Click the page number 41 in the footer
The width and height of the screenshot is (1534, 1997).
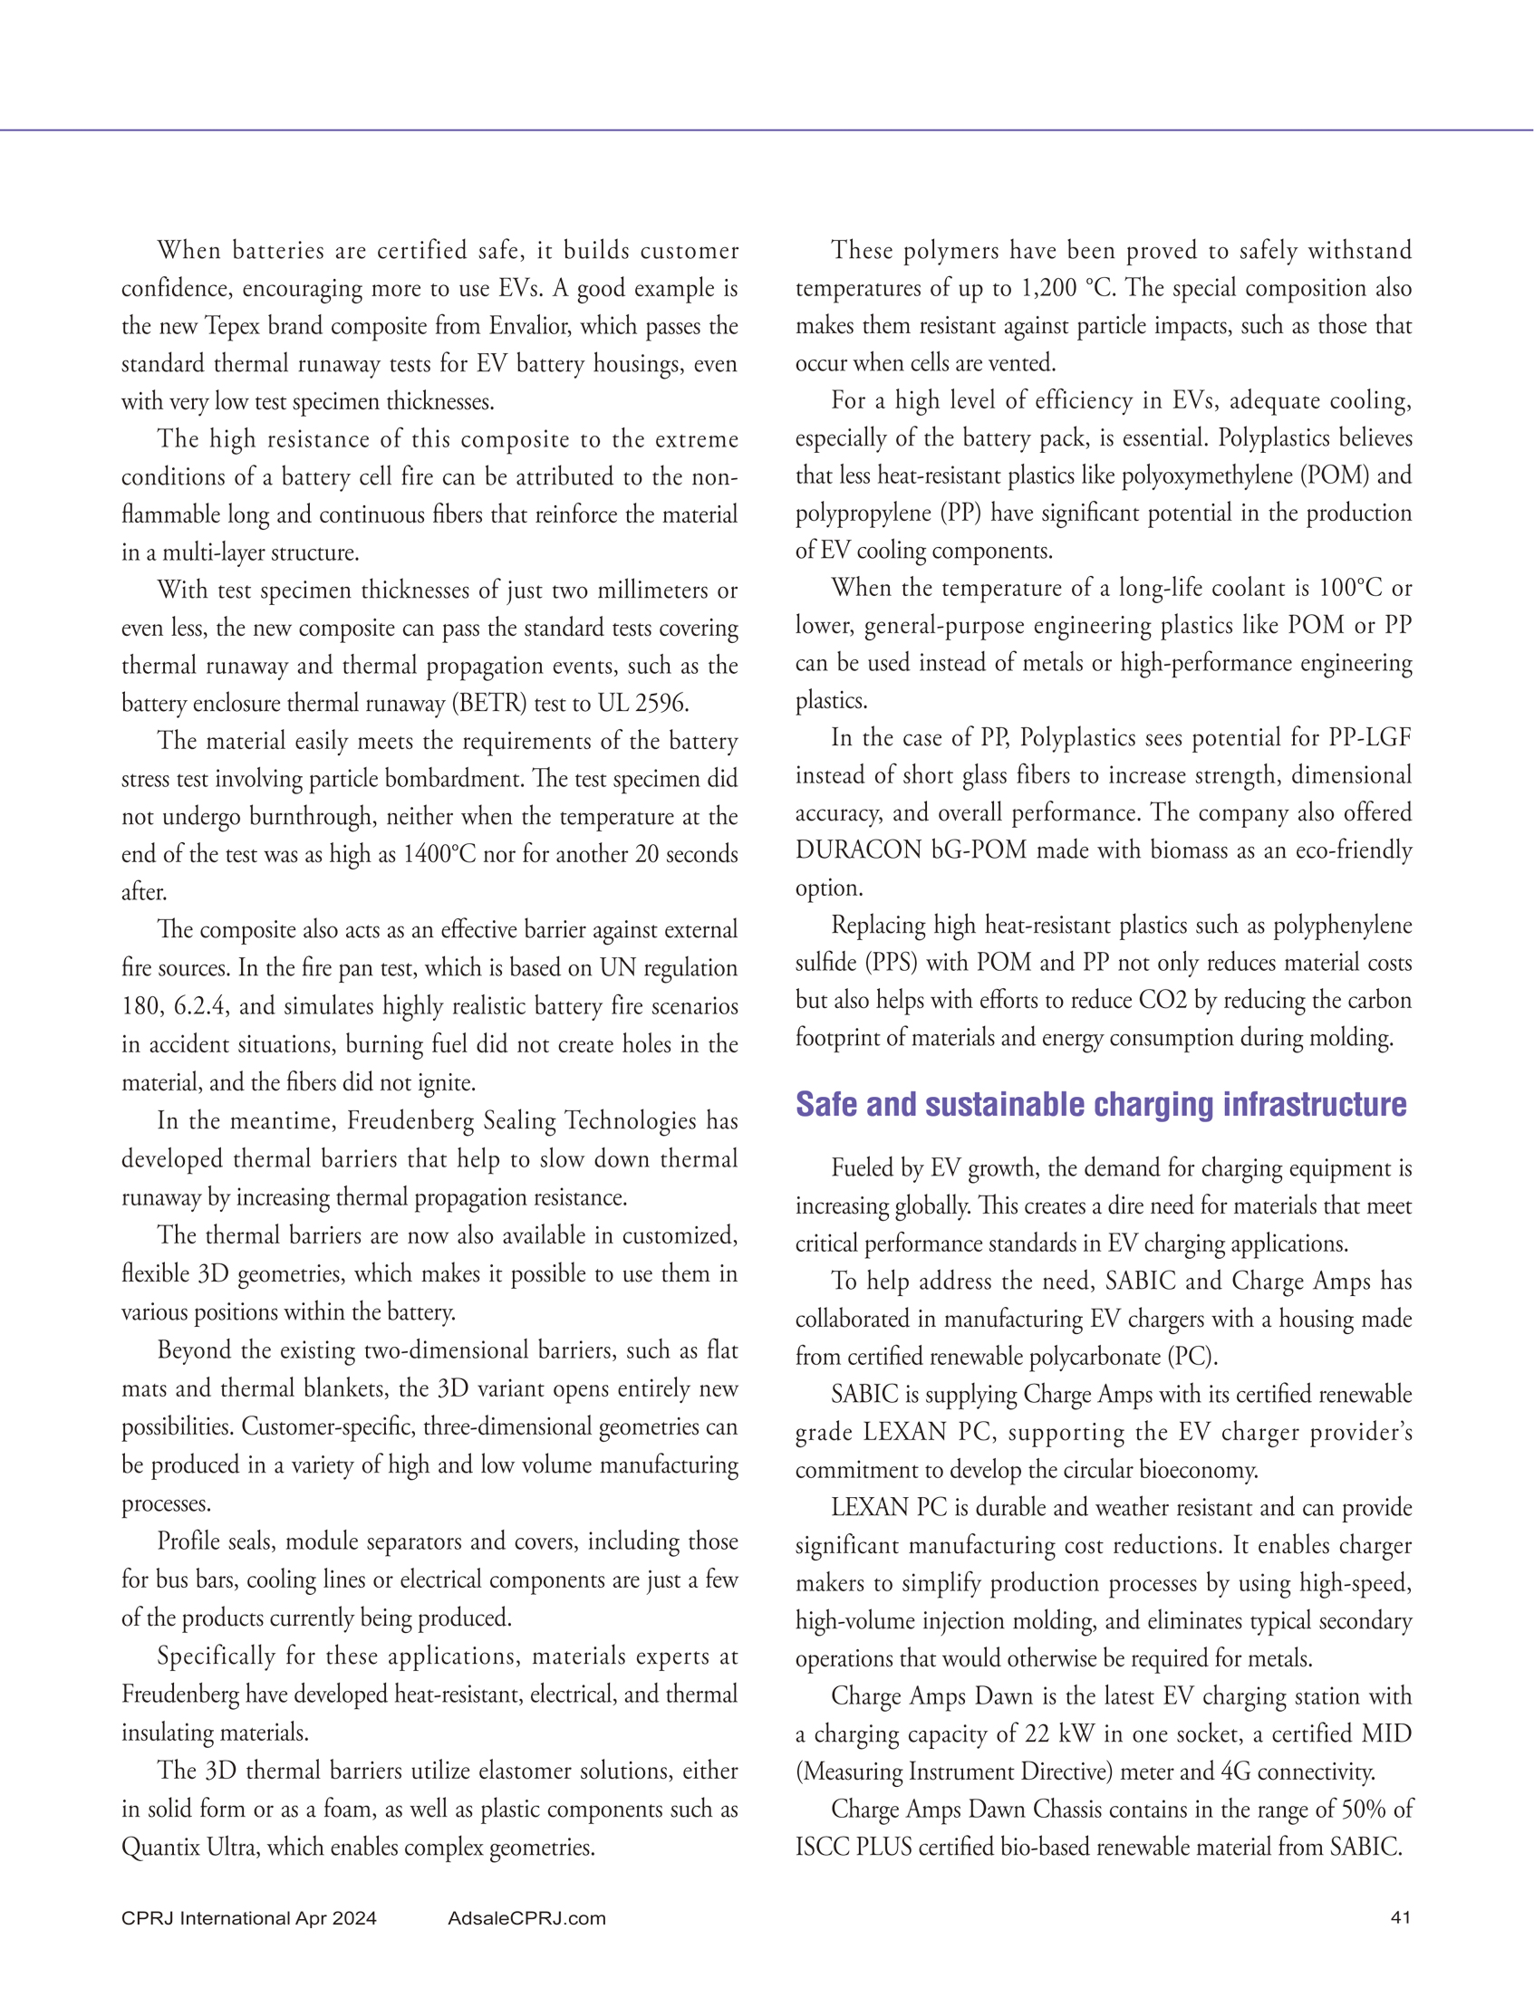coord(1400,1917)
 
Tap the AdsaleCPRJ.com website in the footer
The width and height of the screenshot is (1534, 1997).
coord(526,1917)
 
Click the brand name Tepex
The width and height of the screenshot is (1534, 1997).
coord(233,326)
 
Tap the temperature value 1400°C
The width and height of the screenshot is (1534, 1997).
coord(439,854)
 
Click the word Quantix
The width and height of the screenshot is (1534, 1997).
coord(160,1848)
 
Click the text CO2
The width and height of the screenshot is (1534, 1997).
coord(1163,1001)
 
